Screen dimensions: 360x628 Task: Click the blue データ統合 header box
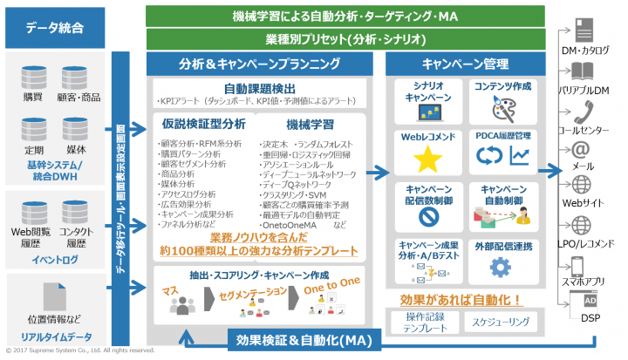(53, 29)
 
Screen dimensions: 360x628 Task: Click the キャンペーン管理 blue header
(466, 63)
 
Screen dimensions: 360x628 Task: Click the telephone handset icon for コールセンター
(582, 112)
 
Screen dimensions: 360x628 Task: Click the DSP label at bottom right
(590, 317)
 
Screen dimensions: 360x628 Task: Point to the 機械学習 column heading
(311, 125)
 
